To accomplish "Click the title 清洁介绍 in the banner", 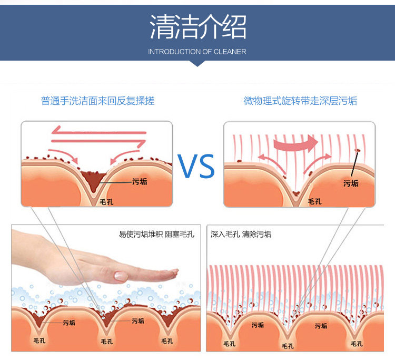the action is click(x=197, y=26).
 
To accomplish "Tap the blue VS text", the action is click(x=197, y=166).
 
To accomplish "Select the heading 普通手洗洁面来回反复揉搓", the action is click(x=98, y=101).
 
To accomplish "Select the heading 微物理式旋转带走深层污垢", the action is click(x=300, y=101).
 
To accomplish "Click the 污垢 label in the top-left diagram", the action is click(x=140, y=181).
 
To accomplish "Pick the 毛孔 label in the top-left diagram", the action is click(x=107, y=201).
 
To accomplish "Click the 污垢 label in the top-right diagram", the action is click(x=351, y=183).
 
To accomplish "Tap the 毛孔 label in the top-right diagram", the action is click(x=314, y=201).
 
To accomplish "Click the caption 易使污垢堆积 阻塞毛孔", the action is click(x=157, y=234).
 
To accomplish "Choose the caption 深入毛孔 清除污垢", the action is click(x=241, y=234).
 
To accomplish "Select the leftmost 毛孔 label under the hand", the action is click(x=39, y=341).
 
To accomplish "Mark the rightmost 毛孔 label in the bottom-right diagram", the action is click(x=357, y=344).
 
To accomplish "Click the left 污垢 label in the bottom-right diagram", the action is click(x=258, y=325).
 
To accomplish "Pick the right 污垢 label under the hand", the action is click(x=138, y=320).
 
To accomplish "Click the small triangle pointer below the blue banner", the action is click(x=197, y=63).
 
